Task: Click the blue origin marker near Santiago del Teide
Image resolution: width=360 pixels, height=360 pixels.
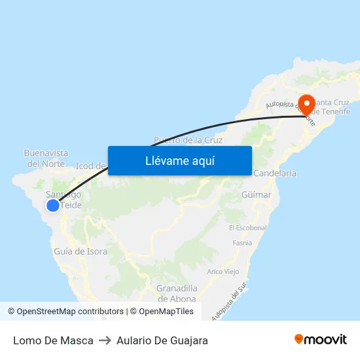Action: coord(53,206)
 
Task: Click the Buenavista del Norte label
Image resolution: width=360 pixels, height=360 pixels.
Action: coord(46,158)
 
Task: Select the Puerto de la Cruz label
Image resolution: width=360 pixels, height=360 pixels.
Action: coord(188,140)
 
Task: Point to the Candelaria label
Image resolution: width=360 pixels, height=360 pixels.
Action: coord(274,173)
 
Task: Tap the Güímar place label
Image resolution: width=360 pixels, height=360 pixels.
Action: coord(256,195)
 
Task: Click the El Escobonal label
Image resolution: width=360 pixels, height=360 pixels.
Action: coord(247,228)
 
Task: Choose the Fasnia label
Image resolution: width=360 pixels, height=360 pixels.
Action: coord(242,243)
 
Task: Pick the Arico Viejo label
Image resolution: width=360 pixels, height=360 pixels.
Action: coord(223,272)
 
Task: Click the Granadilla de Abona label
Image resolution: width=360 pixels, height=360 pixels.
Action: coord(177,293)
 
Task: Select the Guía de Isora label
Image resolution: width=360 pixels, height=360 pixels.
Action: coord(81,251)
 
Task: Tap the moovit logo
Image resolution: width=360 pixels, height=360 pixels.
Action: coord(320,340)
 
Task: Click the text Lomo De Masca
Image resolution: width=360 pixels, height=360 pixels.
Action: coord(53,340)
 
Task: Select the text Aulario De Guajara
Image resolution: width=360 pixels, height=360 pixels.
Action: coord(162,340)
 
